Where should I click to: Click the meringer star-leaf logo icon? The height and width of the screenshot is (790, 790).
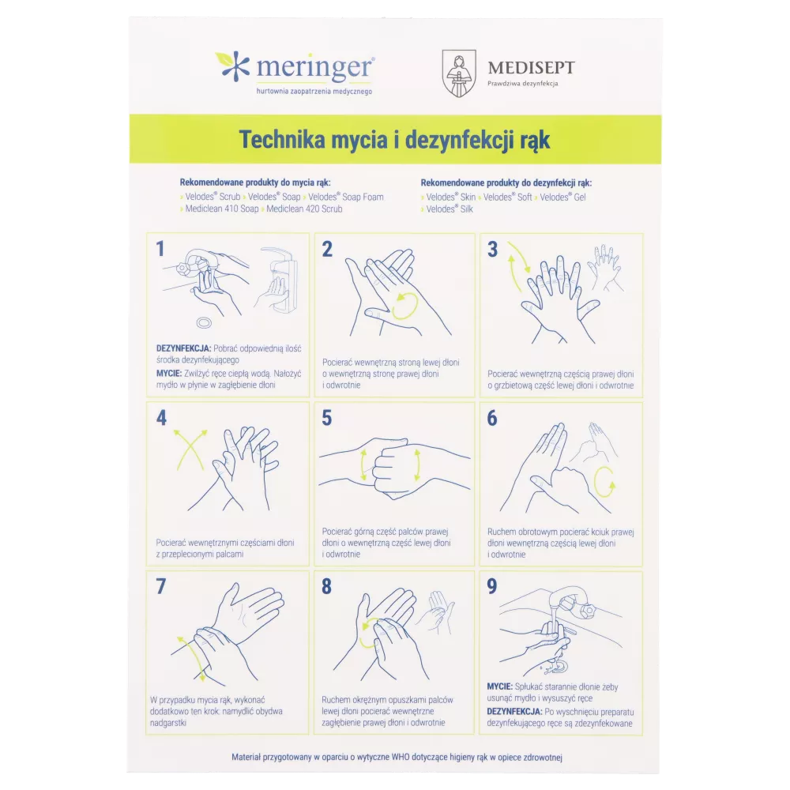233,66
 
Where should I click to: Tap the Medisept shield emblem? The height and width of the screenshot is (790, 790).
458,73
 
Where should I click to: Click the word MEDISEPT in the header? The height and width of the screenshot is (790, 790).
531,67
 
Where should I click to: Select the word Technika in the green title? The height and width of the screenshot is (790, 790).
282,140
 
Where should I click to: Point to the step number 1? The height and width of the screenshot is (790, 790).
160,248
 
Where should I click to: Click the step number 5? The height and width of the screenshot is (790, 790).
326,418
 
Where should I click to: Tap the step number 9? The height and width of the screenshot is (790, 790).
491,586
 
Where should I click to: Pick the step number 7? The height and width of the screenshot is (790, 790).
160,586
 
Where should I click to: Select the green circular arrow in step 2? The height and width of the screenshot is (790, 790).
404,306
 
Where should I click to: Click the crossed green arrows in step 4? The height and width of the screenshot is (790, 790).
190,450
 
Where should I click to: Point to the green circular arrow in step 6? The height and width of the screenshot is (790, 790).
604,482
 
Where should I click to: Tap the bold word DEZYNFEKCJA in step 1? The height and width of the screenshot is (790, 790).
184,348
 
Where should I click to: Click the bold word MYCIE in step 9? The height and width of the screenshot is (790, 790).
499,687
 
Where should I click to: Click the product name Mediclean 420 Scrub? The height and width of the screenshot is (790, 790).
304,209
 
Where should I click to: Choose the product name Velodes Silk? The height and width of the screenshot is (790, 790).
450,209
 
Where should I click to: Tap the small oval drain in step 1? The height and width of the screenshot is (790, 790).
204,322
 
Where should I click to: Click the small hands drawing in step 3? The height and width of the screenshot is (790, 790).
607,268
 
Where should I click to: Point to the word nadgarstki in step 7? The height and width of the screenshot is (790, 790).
168,723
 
